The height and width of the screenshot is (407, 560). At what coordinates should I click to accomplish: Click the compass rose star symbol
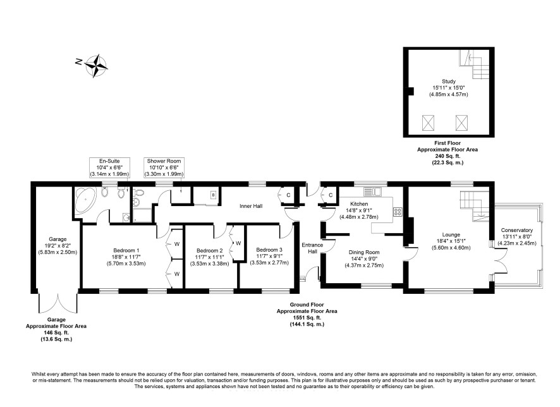(x=96, y=66)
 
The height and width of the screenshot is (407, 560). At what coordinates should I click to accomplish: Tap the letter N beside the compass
(x=78, y=62)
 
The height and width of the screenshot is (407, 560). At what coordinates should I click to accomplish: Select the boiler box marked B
(x=213, y=195)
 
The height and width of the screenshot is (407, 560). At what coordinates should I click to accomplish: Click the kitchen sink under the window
(x=373, y=191)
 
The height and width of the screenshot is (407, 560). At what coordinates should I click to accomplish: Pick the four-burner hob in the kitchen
(x=398, y=212)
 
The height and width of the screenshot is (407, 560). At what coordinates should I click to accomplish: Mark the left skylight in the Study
(x=428, y=123)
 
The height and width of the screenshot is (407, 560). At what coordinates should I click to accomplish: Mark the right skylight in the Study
(x=462, y=123)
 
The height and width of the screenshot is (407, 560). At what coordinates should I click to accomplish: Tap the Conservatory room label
(x=516, y=230)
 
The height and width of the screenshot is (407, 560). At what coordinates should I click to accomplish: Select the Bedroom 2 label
(x=210, y=251)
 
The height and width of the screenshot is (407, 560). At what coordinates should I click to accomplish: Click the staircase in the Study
(x=474, y=64)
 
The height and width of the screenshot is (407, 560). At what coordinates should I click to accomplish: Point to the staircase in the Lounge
(x=474, y=207)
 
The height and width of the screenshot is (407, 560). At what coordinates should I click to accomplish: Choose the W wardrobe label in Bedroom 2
(x=238, y=243)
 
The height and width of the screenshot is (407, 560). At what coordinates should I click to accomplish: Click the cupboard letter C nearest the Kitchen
(x=331, y=195)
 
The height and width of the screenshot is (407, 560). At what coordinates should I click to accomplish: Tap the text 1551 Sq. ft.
(x=307, y=318)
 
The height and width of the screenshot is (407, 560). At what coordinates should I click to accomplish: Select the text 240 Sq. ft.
(x=447, y=156)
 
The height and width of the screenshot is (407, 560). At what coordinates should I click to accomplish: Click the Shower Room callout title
(x=164, y=161)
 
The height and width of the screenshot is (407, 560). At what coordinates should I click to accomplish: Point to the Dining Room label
(x=364, y=252)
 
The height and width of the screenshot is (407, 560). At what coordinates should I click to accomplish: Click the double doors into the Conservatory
(x=501, y=261)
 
